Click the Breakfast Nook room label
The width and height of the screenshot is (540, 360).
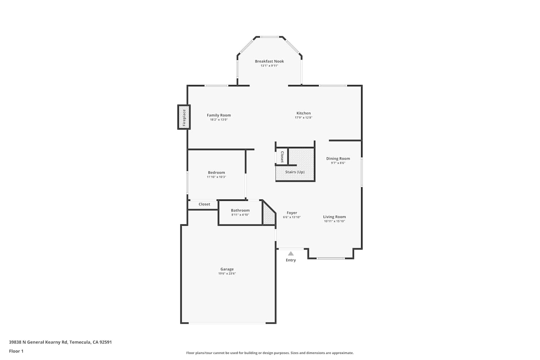tap(269, 61)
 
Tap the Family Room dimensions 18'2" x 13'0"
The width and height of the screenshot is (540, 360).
tap(219, 120)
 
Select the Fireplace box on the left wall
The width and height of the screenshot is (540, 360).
tap(184, 117)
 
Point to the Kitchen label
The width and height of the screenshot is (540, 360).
tap(303, 113)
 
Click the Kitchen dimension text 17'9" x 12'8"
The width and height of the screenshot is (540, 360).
tap(303, 118)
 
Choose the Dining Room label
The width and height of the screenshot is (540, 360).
tap(338, 158)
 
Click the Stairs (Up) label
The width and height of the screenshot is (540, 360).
tap(295, 172)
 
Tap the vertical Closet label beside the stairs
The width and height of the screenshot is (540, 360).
tap(282, 157)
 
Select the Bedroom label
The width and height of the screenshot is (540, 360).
tap(216, 172)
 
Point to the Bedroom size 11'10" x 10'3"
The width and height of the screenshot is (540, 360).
tap(216, 177)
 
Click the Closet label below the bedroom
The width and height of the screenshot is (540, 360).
tap(204, 204)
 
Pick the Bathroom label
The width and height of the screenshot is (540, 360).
tap(240, 210)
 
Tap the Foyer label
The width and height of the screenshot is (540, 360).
tap(292, 213)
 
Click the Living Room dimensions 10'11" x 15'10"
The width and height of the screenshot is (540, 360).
tap(334, 221)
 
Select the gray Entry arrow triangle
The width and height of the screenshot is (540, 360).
tap(291, 253)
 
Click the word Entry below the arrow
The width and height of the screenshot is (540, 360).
tap(291, 260)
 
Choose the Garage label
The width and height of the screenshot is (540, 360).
tap(227, 269)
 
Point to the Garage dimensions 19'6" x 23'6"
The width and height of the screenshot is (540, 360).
tap(227, 274)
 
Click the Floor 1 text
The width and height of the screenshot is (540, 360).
tap(16, 351)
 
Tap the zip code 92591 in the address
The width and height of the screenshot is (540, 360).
tap(105, 342)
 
